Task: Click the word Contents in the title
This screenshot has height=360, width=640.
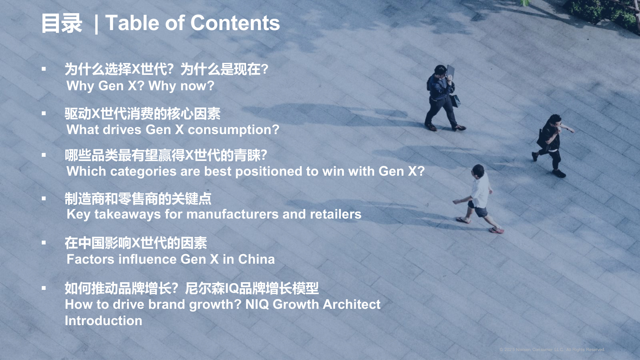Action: tap(235, 23)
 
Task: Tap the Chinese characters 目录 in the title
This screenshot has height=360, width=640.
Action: tap(62, 24)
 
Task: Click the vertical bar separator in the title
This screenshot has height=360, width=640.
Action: tap(96, 24)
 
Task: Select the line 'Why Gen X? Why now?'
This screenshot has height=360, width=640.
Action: tap(140, 86)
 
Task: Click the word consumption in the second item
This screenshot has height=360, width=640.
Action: tap(233, 130)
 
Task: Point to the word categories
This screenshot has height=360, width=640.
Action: tap(143, 172)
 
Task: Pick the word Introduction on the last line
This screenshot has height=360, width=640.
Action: tap(103, 321)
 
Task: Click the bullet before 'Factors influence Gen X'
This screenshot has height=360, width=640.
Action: tap(44, 243)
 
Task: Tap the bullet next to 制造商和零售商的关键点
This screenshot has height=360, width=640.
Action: tap(44, 199)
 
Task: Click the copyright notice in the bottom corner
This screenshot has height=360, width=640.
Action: tap(552, 350)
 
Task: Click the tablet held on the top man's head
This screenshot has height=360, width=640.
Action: tap(450, 71)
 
